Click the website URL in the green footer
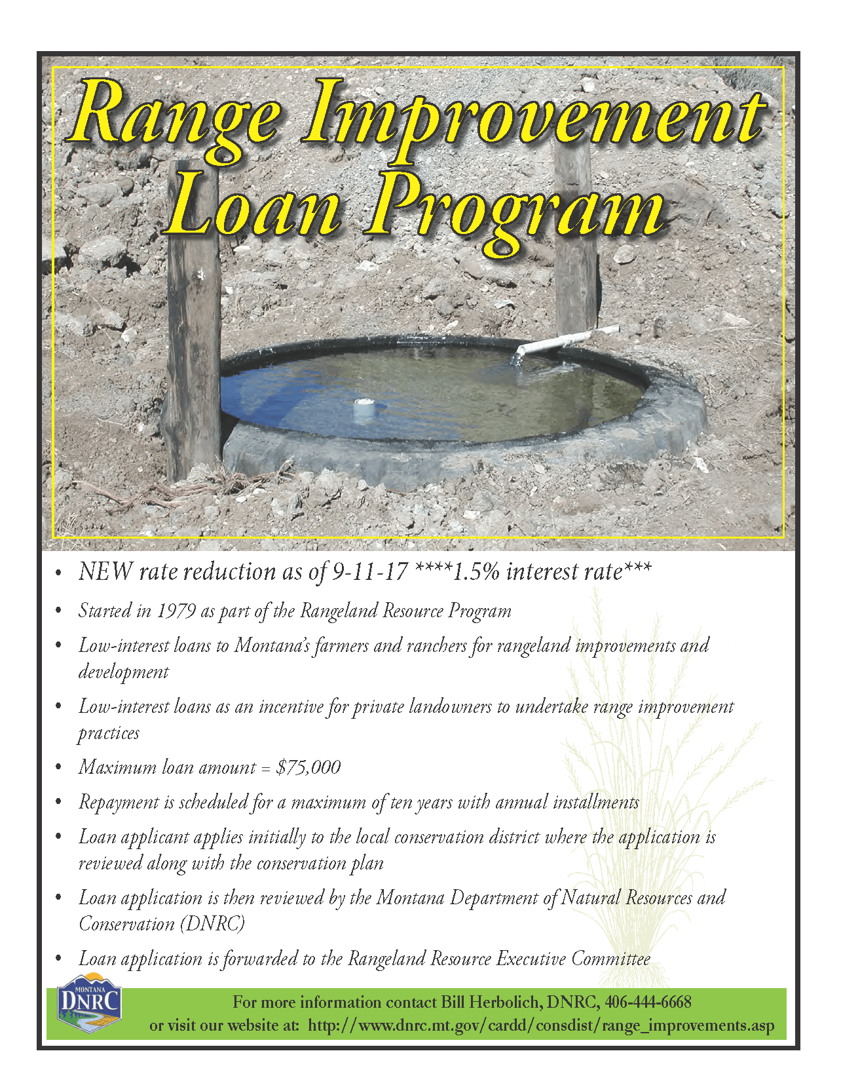click(x=540, y=1025)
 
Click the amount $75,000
click(x=308, y=767)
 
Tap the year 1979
click(x=176, y=611)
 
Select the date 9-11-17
click(x=370, y=572)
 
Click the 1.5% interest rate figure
click(x=476, y=572)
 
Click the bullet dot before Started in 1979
click(x=60, y=612)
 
